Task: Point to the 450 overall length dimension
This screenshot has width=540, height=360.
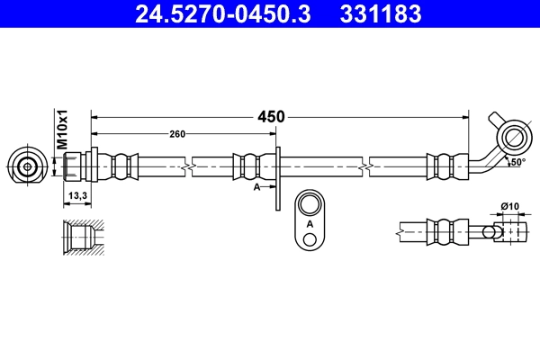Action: click(271, 116)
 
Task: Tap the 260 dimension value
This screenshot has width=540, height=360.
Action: click(177, 134)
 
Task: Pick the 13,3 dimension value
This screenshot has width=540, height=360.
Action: click(77, 195)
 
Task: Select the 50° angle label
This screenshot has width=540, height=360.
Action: click(517, 163)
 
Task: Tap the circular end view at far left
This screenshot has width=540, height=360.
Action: click(28, 166)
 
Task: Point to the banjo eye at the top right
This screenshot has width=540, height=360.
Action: click(516, 137)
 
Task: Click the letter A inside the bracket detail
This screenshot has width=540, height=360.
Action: click(310, 222)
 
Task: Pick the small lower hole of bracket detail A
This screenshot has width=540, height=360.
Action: click(310, 239)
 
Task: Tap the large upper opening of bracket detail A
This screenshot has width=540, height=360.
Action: click(310, 202)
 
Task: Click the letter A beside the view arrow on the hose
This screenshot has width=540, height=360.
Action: click(256, 187)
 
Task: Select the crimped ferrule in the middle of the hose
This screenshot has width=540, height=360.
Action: click(248, 166)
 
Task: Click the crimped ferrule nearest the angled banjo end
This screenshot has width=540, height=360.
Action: click(443, 166)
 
